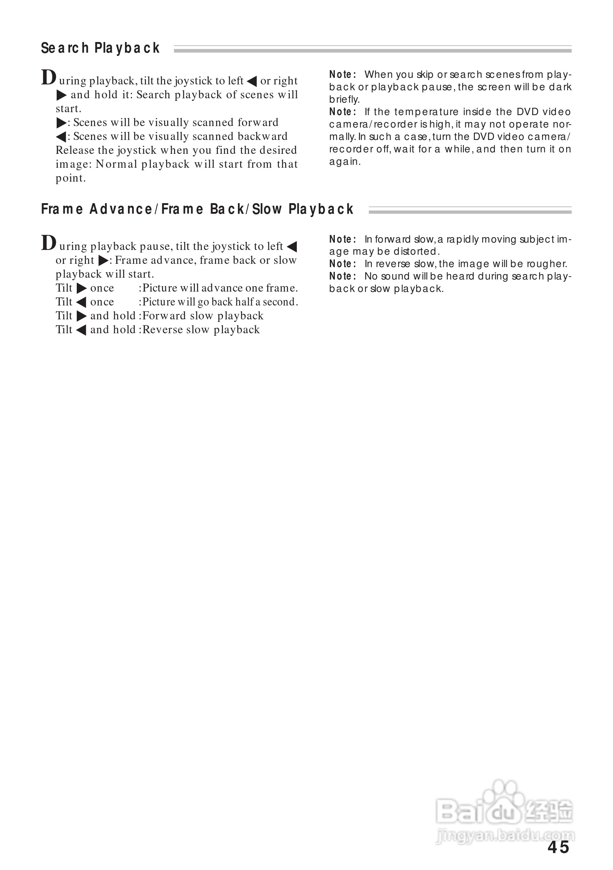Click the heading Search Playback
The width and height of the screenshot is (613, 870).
100,48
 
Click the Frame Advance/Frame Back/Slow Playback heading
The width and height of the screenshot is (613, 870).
197,209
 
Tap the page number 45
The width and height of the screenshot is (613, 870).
558,847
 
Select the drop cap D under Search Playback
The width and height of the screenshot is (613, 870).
49,78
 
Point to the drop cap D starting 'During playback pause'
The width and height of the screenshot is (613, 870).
49,243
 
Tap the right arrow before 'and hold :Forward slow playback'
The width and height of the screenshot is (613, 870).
82,316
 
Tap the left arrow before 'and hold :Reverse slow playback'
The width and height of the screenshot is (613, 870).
81,330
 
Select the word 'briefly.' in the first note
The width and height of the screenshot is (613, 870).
344,100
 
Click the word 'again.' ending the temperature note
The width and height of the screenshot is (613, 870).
345,162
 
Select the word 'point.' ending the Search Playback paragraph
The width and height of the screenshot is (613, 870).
71,178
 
